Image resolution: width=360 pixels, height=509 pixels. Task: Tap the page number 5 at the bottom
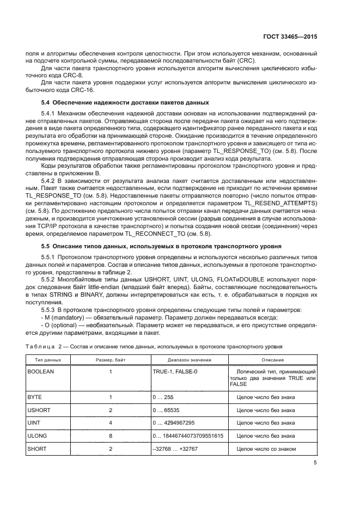pos(315,463)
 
